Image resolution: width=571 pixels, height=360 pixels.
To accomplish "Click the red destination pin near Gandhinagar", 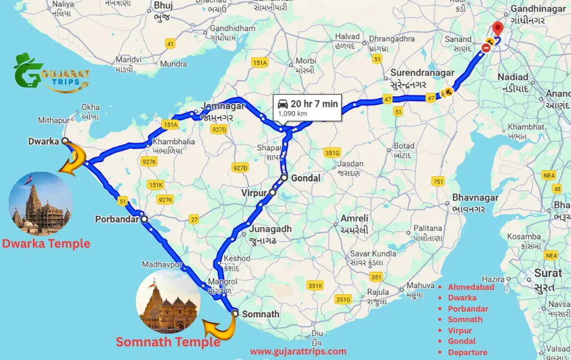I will tap(497, 30).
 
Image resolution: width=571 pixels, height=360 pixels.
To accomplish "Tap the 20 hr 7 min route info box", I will tap(308, 107).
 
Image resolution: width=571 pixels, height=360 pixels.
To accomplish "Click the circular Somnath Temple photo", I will tap(167, 301).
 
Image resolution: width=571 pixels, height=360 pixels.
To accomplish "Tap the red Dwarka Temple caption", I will tap(46, 244).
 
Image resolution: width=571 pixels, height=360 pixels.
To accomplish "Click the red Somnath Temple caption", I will tap(168, 341).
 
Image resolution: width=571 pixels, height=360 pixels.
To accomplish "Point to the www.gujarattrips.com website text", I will tap(298, 351).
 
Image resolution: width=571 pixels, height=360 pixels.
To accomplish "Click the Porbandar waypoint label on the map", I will tap(115, 219).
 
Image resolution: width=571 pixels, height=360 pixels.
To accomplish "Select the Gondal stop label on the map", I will tap(304, 178).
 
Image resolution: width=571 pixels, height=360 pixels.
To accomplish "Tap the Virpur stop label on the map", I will tap(253, 193).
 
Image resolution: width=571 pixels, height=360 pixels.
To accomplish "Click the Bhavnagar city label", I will tap(475, 197).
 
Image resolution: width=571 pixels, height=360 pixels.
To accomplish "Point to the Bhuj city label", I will tap(163, 5).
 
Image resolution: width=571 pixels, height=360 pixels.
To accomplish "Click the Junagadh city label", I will tap(270, 228).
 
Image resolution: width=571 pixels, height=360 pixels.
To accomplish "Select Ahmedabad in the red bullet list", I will tap(471, 287).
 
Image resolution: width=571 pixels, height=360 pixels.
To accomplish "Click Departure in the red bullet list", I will tap(467, 352).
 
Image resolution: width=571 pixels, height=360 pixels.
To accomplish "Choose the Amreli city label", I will tap(354, 218).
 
